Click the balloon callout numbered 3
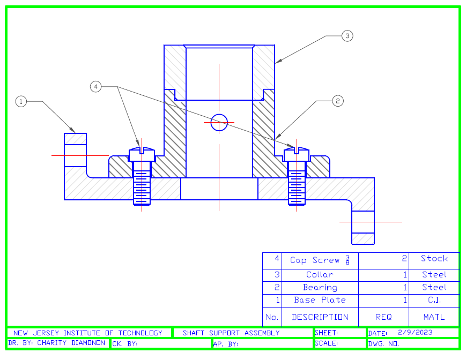coord(347,36)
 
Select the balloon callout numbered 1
coord(21,101)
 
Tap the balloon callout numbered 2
coord(337,101)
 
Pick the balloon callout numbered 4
coord(95,86)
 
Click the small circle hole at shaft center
coord(219,123)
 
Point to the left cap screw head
coord(142,154)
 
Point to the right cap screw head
coord(297,154)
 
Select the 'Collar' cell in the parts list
coord(320,275)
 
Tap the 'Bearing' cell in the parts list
coord(320,288)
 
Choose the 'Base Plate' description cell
coord(320,300)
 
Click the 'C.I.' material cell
coord(434,300)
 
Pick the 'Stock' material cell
coord(434,259)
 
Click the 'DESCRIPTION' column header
coord(320,317)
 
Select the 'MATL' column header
coord(434,317)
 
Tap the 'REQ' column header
coord(383,317)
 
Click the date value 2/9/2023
coord(415,332)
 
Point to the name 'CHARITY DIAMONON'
coord(71,343)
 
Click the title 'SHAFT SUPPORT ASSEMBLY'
coord(231,333)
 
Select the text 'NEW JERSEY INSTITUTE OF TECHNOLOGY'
coord(87,333)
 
